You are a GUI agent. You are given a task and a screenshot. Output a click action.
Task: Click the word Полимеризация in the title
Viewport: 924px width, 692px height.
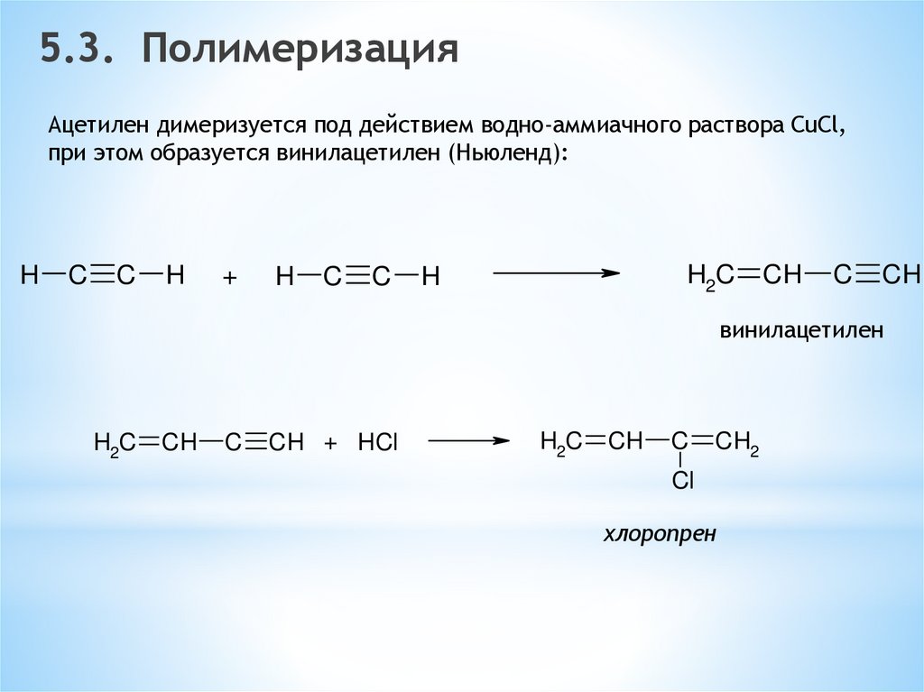point(299,51)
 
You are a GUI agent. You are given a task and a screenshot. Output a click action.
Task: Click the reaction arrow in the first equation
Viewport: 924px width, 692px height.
point(556,272)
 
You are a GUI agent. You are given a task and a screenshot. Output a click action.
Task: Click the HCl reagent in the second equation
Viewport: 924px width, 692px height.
point(377,443)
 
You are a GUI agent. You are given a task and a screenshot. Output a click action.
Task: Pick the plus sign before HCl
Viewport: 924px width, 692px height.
point(330,443)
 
